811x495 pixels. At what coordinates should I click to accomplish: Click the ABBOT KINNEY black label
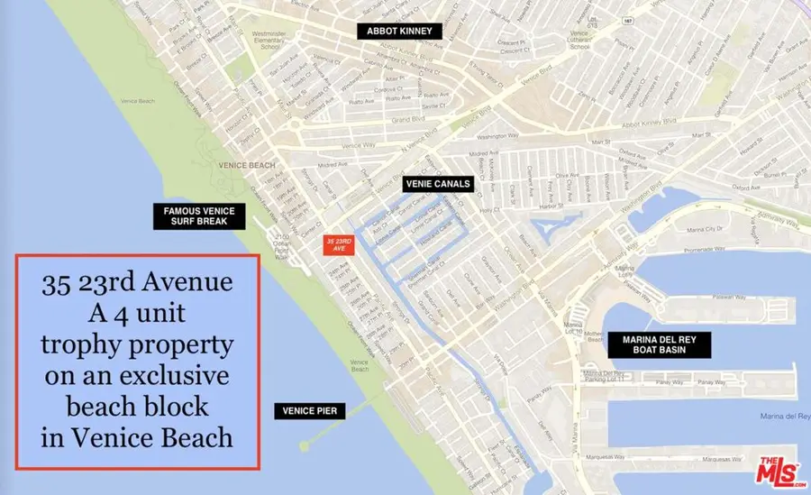coord(399,32)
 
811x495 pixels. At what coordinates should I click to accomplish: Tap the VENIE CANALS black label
coord(437,184)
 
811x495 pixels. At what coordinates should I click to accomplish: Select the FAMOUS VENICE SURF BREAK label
coord(199,216)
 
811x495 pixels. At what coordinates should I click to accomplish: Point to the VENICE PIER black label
coord(309,411)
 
